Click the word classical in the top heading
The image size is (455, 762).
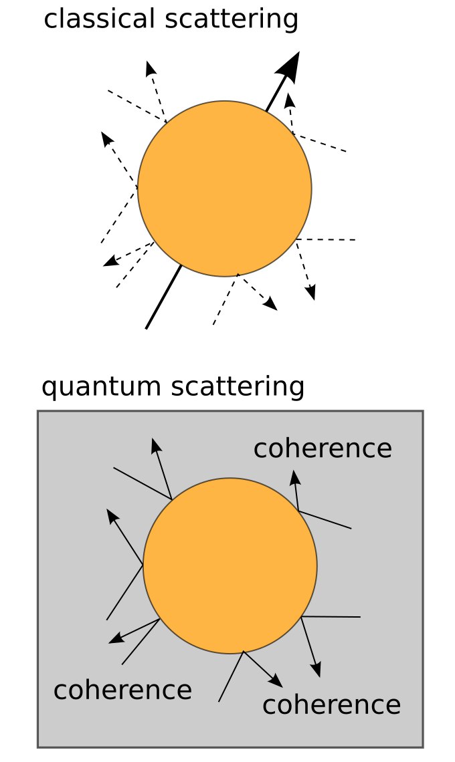(99, 19)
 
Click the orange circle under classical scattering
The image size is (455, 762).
(225, 188)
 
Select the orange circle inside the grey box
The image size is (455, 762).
(230, 565)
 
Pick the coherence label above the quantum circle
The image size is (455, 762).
(323, 449)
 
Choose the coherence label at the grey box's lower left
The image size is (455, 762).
(122, 690)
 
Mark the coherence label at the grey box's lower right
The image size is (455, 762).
(331, 705)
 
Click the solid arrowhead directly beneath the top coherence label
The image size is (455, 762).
(294, 476)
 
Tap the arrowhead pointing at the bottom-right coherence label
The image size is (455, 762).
(276, 681)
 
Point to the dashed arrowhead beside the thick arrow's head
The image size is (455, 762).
(289, 100)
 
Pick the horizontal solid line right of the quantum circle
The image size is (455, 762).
(331, 616)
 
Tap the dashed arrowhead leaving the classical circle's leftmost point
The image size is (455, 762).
(106, 138)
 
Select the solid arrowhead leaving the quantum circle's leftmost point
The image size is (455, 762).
(112, 515)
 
